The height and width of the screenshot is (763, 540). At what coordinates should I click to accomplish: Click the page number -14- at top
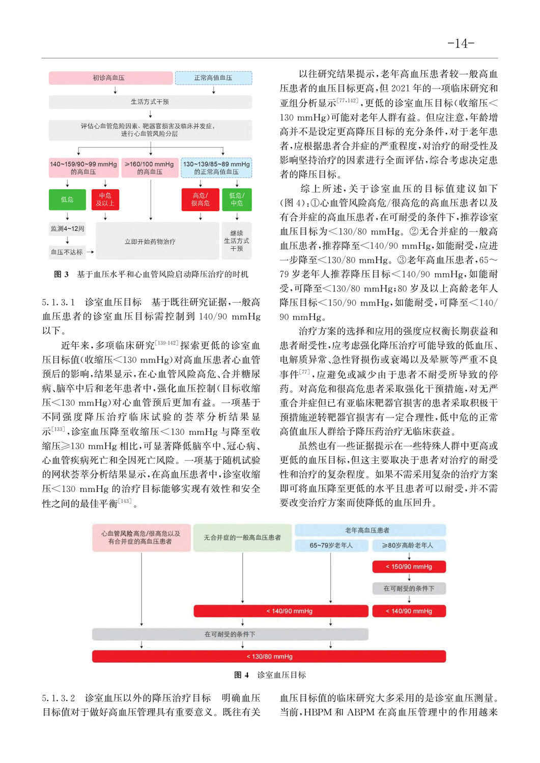pyautogui.click(x=461, y=43)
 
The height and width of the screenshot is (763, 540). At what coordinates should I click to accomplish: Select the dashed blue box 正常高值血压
pyautogui.click(x=213, y=78)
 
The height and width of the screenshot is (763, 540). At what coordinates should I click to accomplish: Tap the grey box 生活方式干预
pyautogui.click(x=150, y=102)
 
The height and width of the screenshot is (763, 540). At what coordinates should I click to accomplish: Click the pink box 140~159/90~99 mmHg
pyautogui.click(x=83, y=168)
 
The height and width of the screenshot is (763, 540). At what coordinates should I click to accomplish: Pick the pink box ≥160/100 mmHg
pyautogui.click(x=150, y=168)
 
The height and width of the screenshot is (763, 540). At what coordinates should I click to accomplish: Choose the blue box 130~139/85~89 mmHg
pyautogui.click(x=216, y=168)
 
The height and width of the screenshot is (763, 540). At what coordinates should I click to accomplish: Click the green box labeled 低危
pyautogui.click(x=67, y=199)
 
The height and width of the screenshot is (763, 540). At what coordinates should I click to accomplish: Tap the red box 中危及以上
pyautogui.click(x=105, y=199)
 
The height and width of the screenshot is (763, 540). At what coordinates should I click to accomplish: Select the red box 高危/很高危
pyautogui.click(x=200, y=199)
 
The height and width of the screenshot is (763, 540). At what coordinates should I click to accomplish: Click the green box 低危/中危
pyautogui.click(x=237, y=199)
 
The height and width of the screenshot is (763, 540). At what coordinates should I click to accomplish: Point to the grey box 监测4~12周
pyautogui.click(x=67, y=229)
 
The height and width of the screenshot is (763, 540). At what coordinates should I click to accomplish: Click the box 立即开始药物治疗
pyautogui.click(x=150, y=242)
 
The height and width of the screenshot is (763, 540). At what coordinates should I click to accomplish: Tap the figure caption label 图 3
pyautogui.click(x=61, y=275)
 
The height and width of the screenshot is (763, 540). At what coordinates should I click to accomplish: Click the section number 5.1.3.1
pyautogui.click(x=59, y=302)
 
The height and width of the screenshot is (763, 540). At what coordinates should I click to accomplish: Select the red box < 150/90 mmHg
pyautogui.click(x=409, y=567)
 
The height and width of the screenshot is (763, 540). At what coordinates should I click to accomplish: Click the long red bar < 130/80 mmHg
pyautogui.click(x=269, y=657)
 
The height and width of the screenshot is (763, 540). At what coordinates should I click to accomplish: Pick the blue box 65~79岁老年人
pyautogui.click(x=331, y=546)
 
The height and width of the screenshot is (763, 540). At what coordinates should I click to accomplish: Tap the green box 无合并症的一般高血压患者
pyautogui.click(x=242, y=538)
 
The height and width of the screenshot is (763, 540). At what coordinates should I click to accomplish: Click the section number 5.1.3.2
pyautogui.click(x=59, y=698)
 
